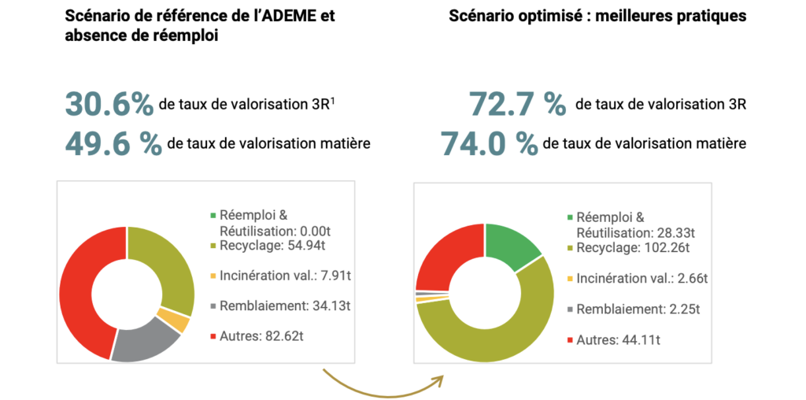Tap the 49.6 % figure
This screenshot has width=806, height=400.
click(x=113, y=144)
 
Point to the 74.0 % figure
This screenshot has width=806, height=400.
click(x=489, y=144)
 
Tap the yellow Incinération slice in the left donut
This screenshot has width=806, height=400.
click(x=179, y=322)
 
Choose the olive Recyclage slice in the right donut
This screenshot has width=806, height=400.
click(x=504, y=331)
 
